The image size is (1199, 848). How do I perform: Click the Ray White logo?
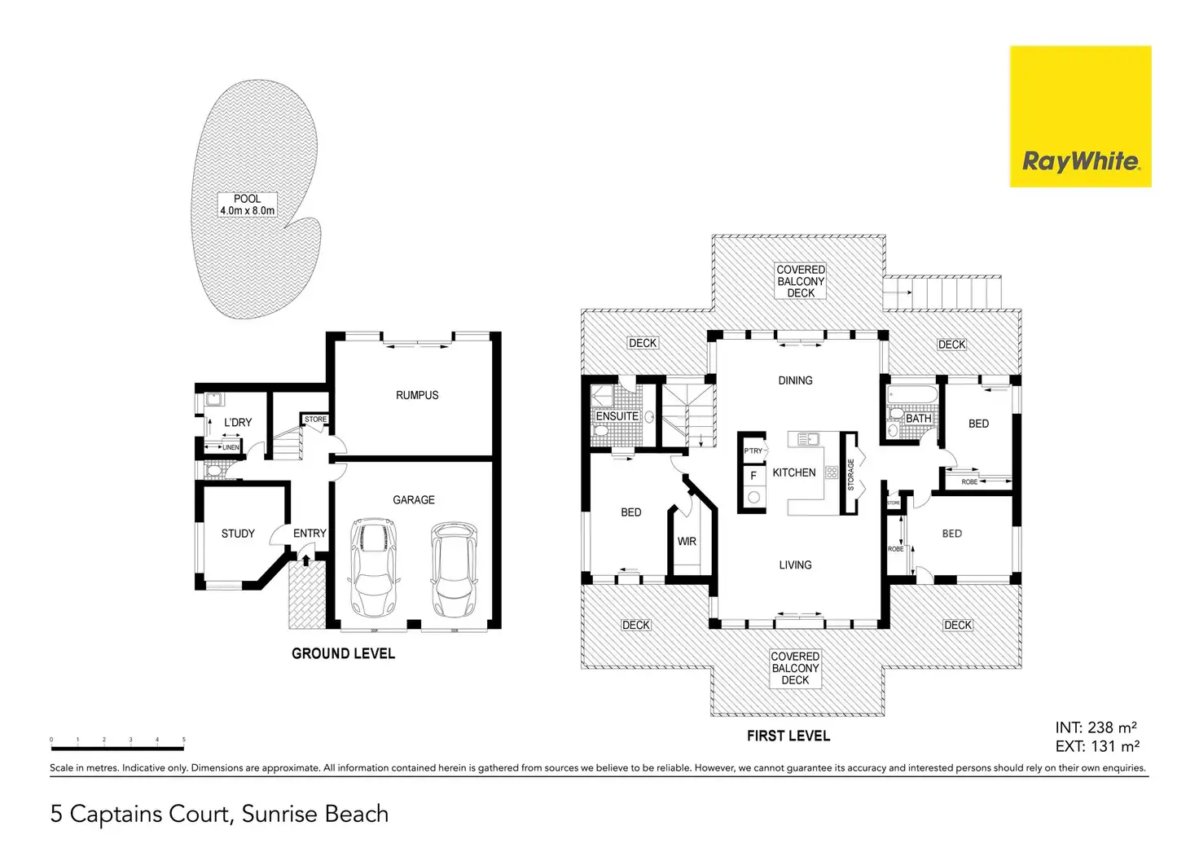click(1080, 116)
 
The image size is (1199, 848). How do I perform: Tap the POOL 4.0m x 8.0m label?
click(247, 204)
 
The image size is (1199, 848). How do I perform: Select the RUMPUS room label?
click(417, 395)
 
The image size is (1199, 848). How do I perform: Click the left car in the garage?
click(371, 568)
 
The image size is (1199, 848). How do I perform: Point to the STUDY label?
click(238, 534)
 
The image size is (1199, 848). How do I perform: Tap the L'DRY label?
click(238, 422)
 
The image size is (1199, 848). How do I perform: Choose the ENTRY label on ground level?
click(310, 534)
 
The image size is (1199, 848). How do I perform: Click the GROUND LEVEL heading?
click(343, 653)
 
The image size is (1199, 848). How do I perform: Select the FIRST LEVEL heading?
click(788, 736)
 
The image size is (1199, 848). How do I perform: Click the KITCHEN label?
click(793, 472)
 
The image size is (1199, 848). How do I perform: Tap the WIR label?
click(687, 542)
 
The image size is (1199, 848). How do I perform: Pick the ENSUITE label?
click(617, 416)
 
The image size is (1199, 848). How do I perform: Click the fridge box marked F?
click(753, 476)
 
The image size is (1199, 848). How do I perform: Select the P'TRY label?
click(753, 450)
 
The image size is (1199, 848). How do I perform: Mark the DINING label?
click(795, 380)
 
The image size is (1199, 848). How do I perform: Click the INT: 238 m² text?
click(1096, 728)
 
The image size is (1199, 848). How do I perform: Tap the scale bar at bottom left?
click(117, 744)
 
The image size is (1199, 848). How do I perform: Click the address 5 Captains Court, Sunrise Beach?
click(219, 814)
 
